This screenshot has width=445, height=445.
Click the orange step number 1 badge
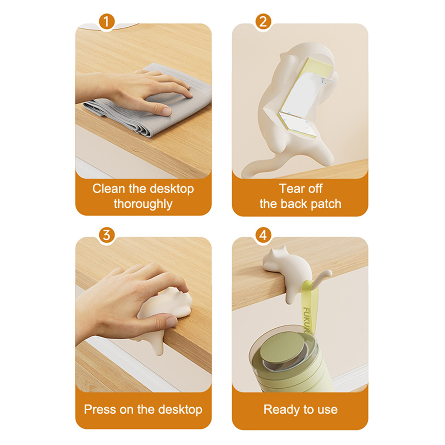pos(107,21)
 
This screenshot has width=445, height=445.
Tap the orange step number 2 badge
pos(263,21)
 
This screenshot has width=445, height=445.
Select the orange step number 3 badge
pos(107,235)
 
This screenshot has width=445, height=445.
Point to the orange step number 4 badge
pos(263,235)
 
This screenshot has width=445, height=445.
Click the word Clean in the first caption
pos(109,189)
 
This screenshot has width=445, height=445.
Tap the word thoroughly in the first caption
pos(143,204)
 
